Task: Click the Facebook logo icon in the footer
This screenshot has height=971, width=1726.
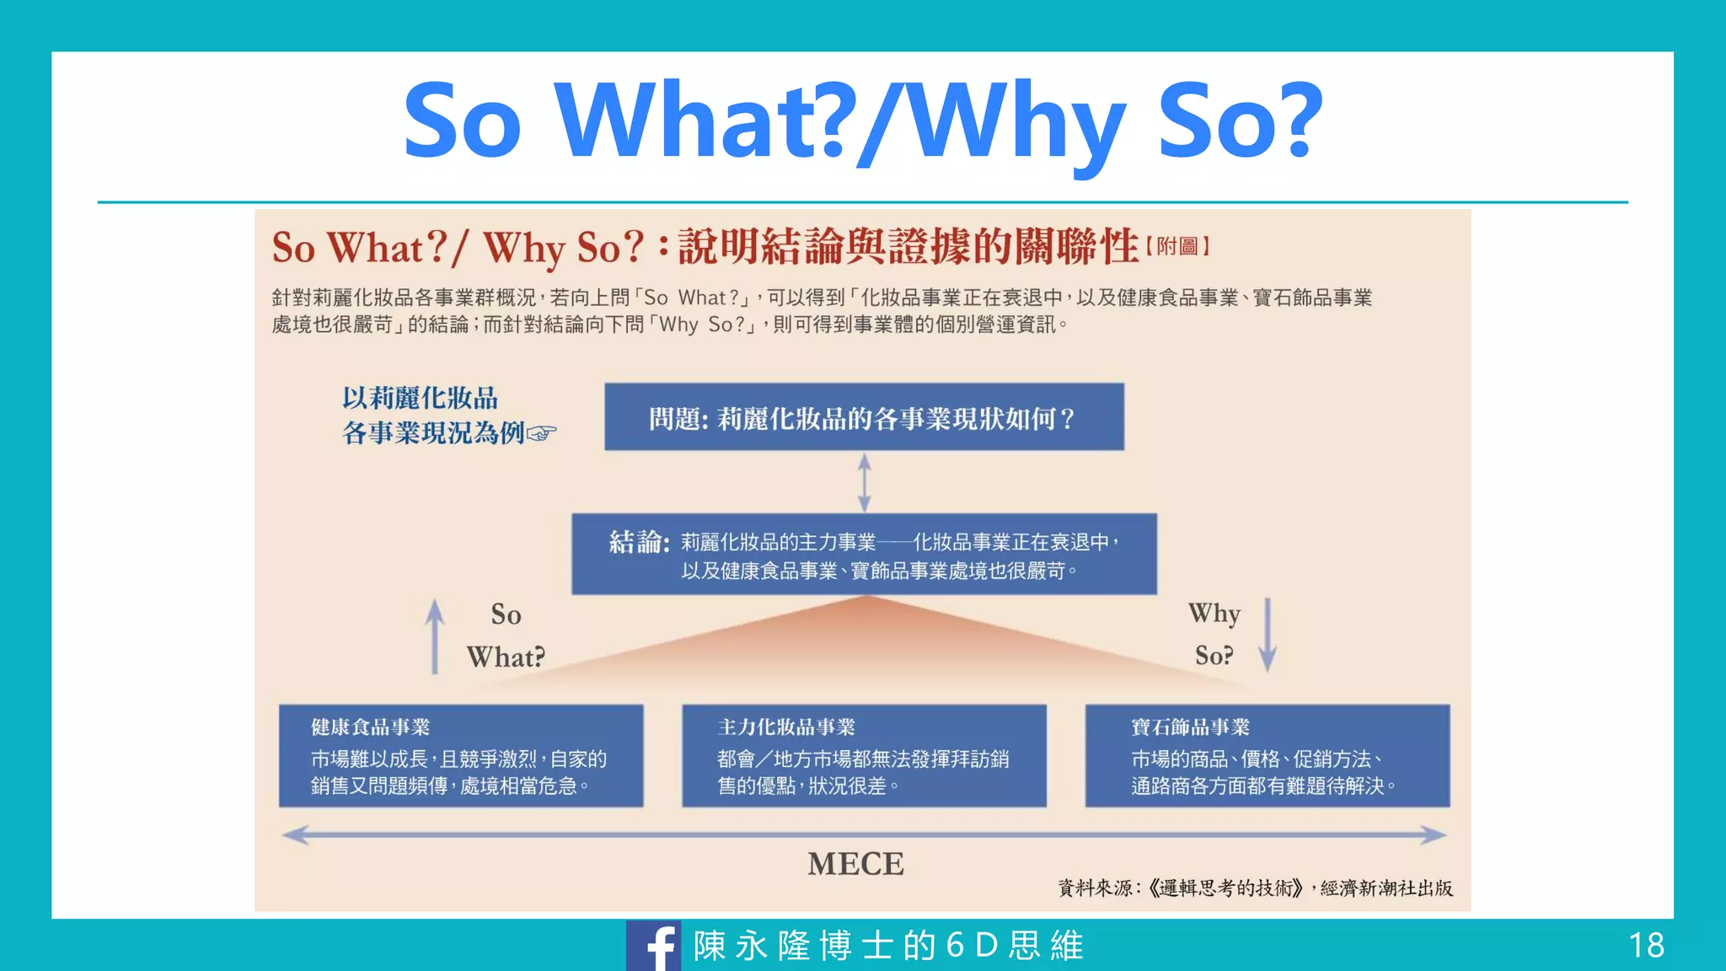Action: pos(654,946)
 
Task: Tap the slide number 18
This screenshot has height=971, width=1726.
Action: pos(1646,946)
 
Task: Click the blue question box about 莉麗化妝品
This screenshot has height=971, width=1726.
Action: pos(864,417)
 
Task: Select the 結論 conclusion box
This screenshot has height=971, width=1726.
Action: pos(864,555)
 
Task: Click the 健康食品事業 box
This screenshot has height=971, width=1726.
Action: pos(461,756)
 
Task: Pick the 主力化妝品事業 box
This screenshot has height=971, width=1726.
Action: pos(864,756)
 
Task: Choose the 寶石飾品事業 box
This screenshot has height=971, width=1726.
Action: pos(1268,756)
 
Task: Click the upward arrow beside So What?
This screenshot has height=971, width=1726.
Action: pos(435,636)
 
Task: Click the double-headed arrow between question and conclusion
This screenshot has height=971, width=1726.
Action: pos(864,482)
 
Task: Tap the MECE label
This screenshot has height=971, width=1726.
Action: pos(855,864)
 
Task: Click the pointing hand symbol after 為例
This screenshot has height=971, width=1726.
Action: pos(542,434)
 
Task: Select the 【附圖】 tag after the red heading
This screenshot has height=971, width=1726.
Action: pos(1177,247)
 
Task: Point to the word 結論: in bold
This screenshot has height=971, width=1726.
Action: pos(640,542)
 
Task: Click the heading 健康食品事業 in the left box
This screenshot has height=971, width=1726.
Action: pos(370,727)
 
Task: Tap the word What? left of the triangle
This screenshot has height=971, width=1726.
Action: pos(506,657)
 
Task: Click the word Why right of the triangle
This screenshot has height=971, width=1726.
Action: pos(1214,614)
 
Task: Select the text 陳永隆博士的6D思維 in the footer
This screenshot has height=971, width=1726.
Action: pos(888,946)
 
